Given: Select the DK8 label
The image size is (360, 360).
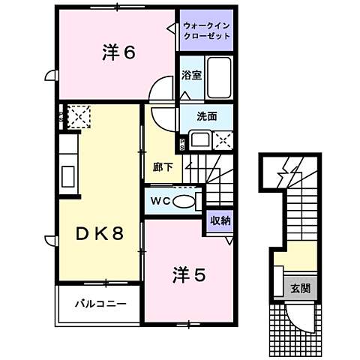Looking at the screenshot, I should pyautogui.click(x=98, y=233).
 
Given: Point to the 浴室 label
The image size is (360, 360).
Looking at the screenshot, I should pyautogui.click(x=190, y=75).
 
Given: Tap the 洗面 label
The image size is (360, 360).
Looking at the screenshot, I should pyautogui.click(x=207, y=116).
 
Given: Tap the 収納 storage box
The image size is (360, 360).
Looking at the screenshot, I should pyautogui.click(x=220, y=220).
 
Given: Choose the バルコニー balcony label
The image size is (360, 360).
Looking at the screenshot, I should pyautogui.click(x=100, y=304).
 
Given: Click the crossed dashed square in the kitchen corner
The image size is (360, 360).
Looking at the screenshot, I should pyautogui.click(x=78, y=115).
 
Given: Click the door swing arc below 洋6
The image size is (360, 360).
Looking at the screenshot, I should pyautogui.click(x=162, y=91).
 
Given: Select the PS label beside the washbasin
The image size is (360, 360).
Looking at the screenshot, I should pyautogui.click(x=181, y=143).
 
